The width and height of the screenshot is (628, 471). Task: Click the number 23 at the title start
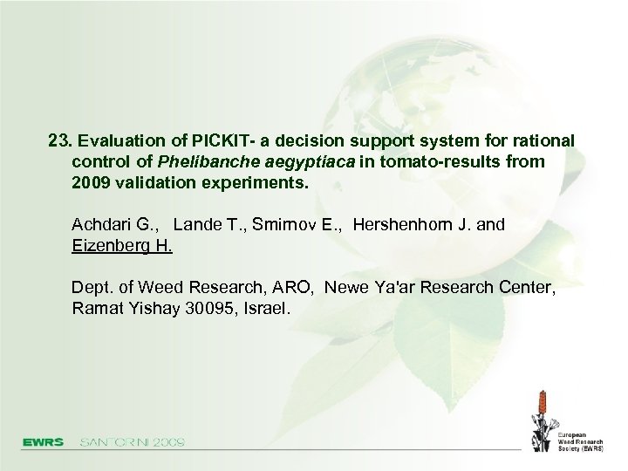(x=58, y=140)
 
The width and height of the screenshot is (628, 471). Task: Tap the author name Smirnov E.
(x=297, y=225)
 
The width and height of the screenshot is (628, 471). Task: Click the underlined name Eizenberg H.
(x=122, y=246)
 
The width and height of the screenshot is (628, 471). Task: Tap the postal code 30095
(x=208, y=309)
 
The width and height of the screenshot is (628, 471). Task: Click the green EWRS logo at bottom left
(x=43, y=442)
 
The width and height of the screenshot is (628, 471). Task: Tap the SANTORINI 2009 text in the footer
(x=132, y=442)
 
